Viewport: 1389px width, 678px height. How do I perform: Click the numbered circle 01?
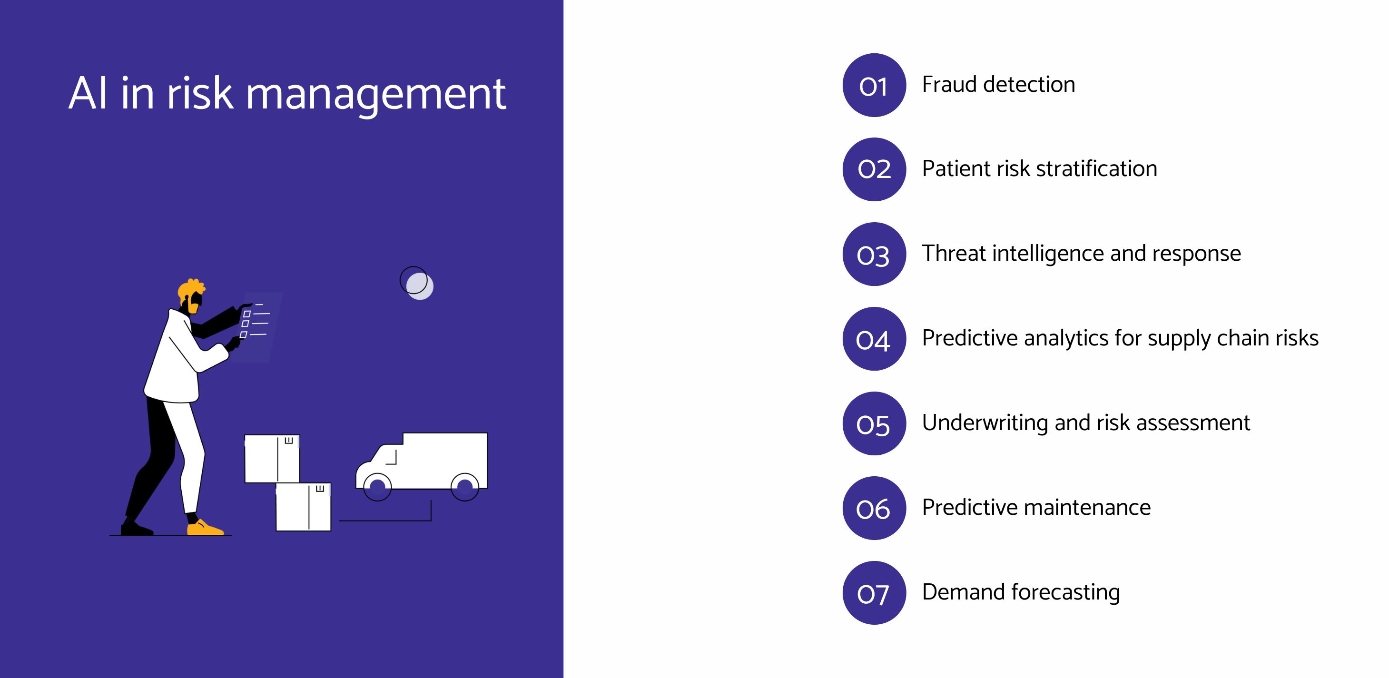pos(874,85)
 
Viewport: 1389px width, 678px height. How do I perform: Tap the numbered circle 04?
pos(874,339)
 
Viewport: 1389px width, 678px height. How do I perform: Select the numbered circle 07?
pos(874,593)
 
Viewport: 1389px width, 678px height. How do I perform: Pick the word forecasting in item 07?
pos(1065,593)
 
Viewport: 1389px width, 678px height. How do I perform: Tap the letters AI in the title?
pos(88,93)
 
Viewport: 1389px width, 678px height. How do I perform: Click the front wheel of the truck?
pos(377,487)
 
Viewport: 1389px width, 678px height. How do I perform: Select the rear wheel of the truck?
pos(465,487)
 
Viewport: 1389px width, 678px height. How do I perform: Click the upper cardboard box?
pos(272,459)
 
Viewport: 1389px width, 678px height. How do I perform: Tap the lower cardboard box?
pos(304,507)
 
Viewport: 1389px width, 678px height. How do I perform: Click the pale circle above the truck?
pos(420,286)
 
